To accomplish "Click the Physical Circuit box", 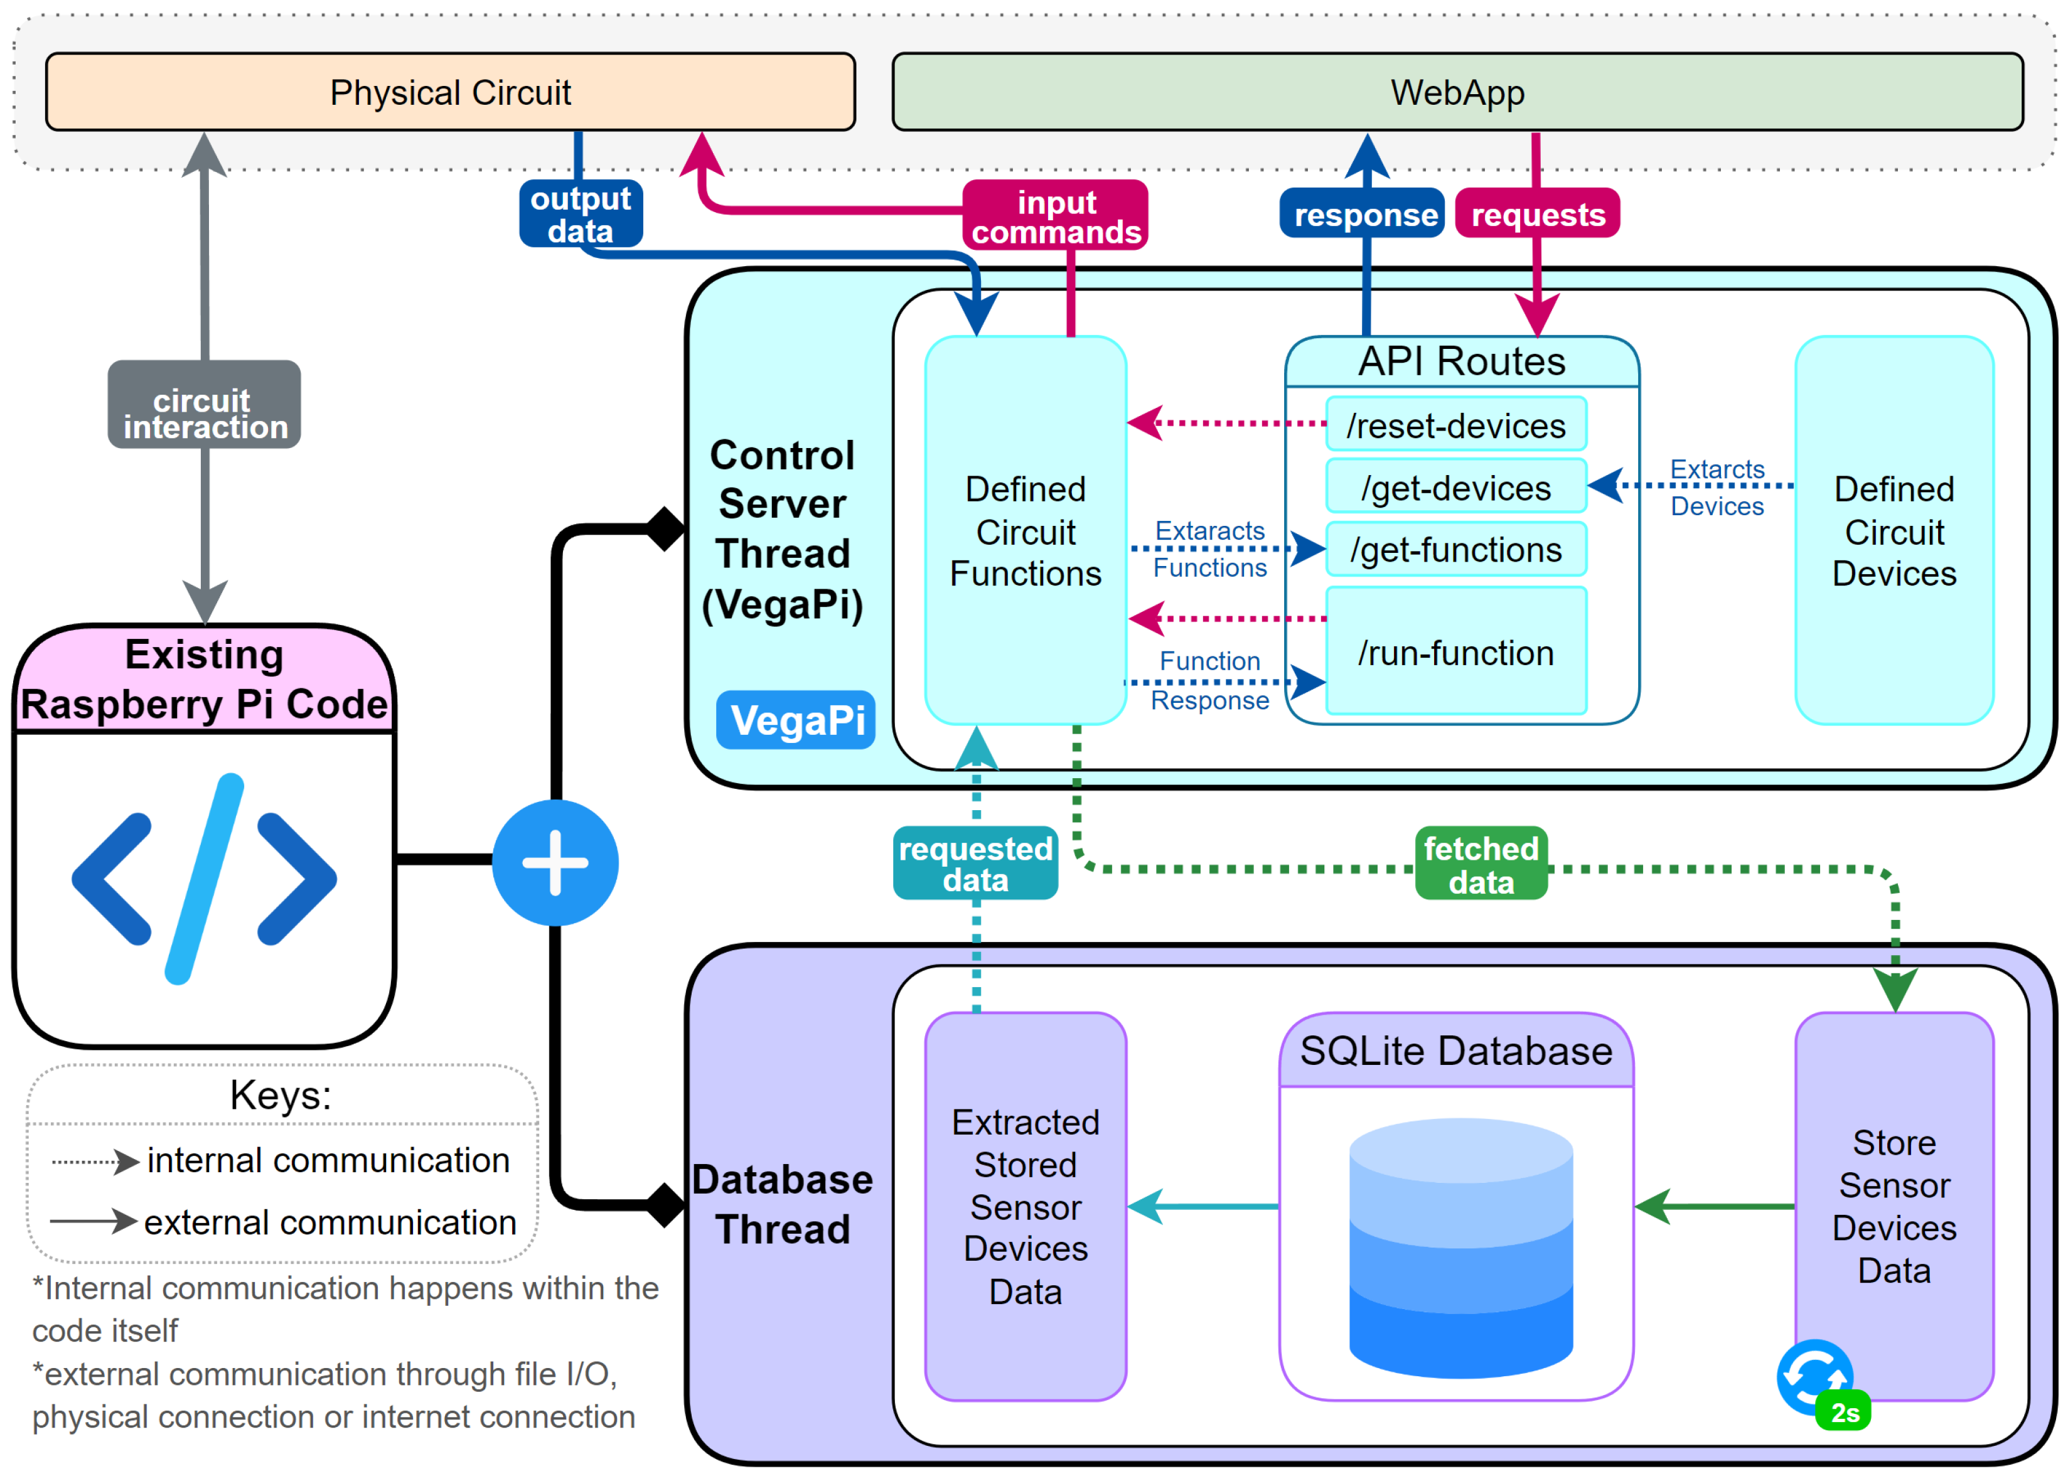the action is tap(451, 92).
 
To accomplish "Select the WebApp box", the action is tap(1457, 92).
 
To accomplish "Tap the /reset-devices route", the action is tap(1456, 424).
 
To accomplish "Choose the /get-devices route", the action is tap(1456, 487).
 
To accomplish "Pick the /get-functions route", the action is tap(1456, 549).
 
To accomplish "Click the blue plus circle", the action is tap(555, 863).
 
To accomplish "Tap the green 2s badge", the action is tap(1844, 1412).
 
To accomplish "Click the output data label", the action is tap(581, 213).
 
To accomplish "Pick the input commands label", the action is tap(1056, 215).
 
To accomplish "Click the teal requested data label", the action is tap(976, 863).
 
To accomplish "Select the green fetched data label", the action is tap(1482, 863).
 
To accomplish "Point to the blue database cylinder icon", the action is tap(1460, 1248).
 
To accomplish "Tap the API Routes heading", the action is tap(1462, 361).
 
